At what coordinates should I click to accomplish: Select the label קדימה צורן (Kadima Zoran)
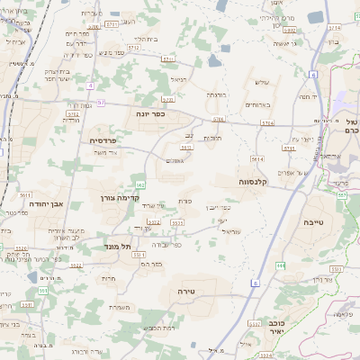coord(119,194)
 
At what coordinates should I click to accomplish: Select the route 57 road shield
coord(101,103)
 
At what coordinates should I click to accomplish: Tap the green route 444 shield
coord(282,265)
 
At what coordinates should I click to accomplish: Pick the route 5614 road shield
coord(256,158)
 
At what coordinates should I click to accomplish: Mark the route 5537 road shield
coord(177,220)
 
